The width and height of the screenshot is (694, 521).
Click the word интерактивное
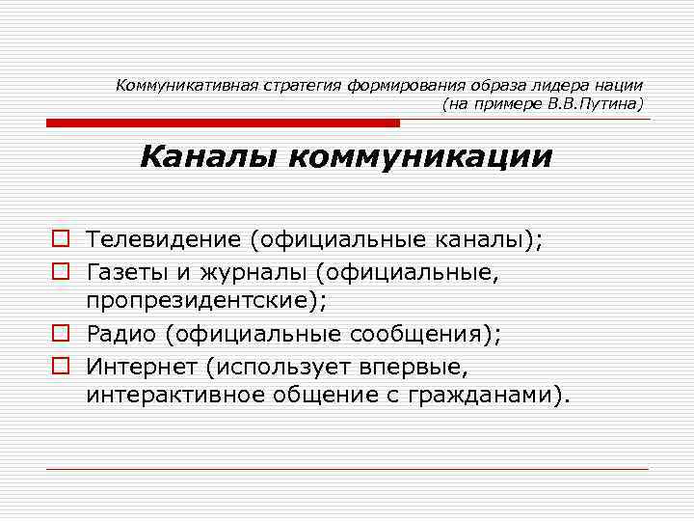point(178,396)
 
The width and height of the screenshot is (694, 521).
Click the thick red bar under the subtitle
point(222,123)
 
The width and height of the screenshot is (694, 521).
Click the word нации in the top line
point(622,85)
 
